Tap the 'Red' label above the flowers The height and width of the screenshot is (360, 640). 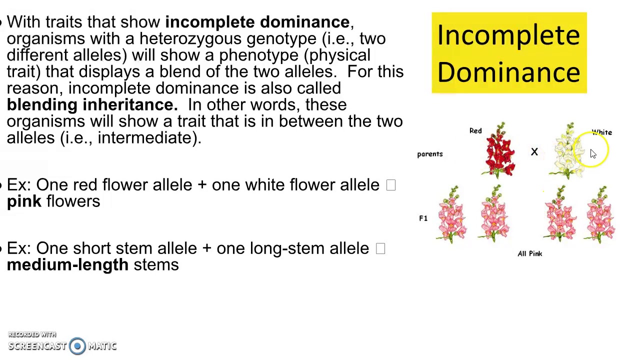(475, 131)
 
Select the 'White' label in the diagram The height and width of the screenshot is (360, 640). (602, 132)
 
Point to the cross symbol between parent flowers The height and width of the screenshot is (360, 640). (534, 151)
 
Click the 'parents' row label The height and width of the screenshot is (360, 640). (430, 154)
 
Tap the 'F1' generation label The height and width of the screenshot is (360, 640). (423, 218)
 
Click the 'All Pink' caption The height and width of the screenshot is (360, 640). (529, 253)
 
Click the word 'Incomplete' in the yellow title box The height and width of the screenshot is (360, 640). (508, 35)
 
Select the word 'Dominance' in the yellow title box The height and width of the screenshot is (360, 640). (508, 72)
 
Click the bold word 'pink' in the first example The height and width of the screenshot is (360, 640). (24, 201)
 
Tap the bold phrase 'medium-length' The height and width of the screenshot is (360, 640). (67, 265)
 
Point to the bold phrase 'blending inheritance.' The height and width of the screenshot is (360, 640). (92, 105)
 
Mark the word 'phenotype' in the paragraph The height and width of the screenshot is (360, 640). (258, 55)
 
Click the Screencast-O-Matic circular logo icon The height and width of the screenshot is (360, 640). (77, 346)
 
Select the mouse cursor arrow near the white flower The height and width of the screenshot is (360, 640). (592, 154)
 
